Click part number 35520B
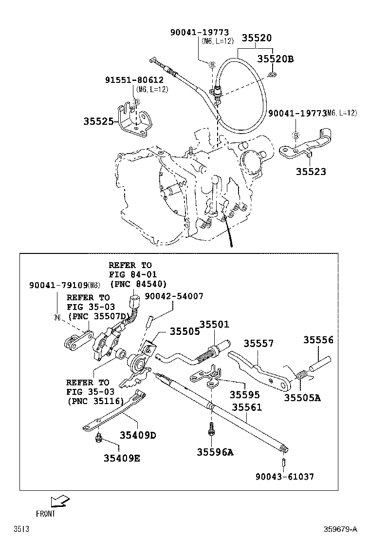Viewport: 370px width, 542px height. (276, 59)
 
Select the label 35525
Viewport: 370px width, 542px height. (98, 121)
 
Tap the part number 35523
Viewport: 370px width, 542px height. (311, 172)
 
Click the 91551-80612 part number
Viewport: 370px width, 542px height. (134, 80)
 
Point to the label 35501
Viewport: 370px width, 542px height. (214, 325)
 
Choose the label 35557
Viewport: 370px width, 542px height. (259, 343)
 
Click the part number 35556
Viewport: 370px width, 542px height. (319, 340)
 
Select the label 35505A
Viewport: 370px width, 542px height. (302, 397)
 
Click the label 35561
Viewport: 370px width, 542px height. (246, 407)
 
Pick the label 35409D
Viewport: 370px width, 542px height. (137, 435)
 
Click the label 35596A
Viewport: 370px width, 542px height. (215, 452)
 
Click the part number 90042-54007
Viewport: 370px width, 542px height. (174, 296)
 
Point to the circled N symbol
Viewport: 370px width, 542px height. (56, 317)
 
